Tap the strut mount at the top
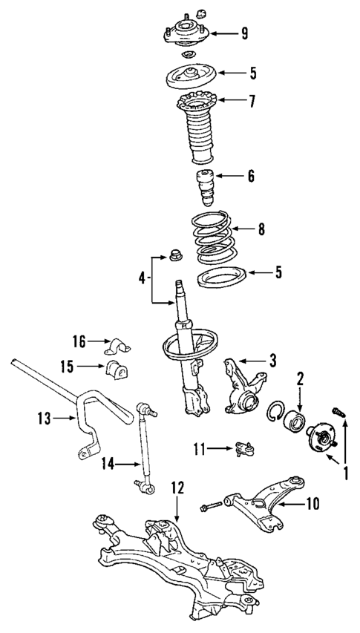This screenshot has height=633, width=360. tap(186, 33)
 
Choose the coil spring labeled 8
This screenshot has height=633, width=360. tap(214, 237)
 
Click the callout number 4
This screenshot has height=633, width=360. tap(143, 279)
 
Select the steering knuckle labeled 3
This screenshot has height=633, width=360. tap(242, 383)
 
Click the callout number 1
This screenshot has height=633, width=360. tap(344, 470)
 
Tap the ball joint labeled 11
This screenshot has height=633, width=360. tap(244, 447)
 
